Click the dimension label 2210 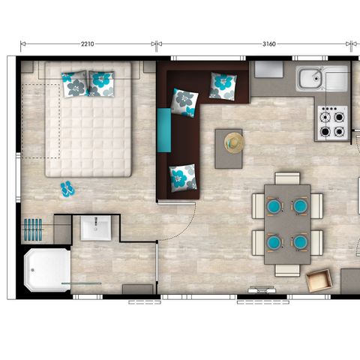pyautogui.click(x=88, y=44)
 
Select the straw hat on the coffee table pyautogui.click(x=234, y=142)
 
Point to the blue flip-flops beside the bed pyautogui.click(x=67, y=188)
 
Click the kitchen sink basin pyautogui.click(x=309, y=78)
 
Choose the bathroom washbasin pyautogui.click(x=96, y=228)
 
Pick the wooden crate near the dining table pyautogui.click(x=320, y=281)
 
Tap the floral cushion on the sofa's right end pyautogui.click(x=223, y=85)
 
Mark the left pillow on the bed pyautogui.click(x=76, y=85)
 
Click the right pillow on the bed pyautogui.click(x=102, y=82)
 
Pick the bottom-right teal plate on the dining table pyautogui.click(x=300, y=241)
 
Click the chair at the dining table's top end pyautogui.click(x=286, y=178)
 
